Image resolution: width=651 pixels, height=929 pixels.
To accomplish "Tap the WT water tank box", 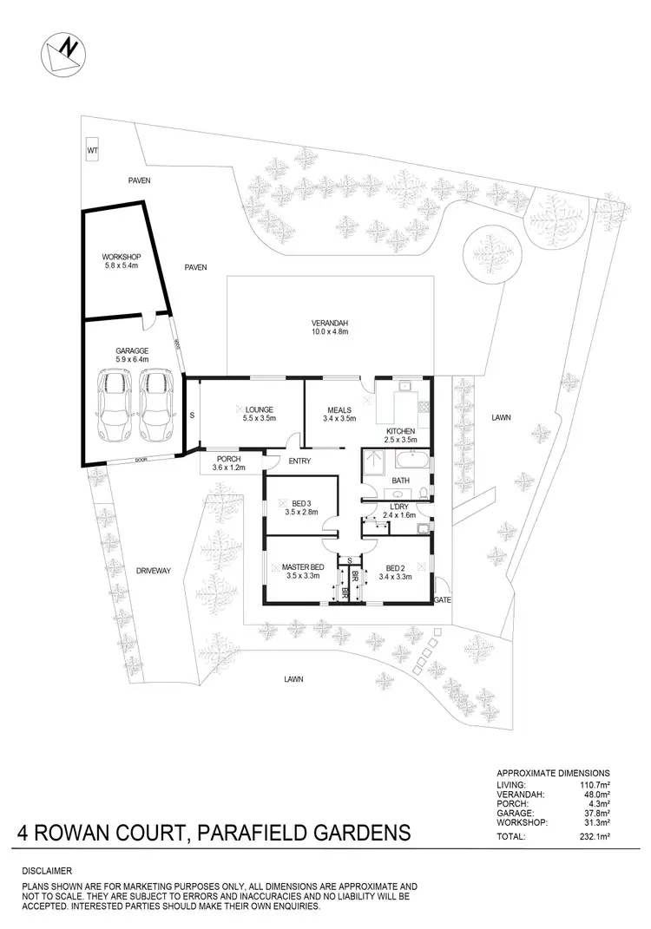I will pyautogui.click(x=91, y=151).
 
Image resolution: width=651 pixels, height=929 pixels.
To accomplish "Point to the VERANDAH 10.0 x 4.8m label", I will pyautogui.click(x=329, y=326).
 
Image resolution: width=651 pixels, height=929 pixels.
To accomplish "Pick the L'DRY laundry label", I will pyautogui.click(x=399, y=507).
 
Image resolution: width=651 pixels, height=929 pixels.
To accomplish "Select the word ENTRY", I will pyautogui.click(x=299, y=461).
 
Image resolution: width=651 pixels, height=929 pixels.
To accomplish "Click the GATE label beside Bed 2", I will pyautogui.click(x=444, y=599).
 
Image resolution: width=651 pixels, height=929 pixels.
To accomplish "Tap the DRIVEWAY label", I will pyautogui.click(x=154, y=571).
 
